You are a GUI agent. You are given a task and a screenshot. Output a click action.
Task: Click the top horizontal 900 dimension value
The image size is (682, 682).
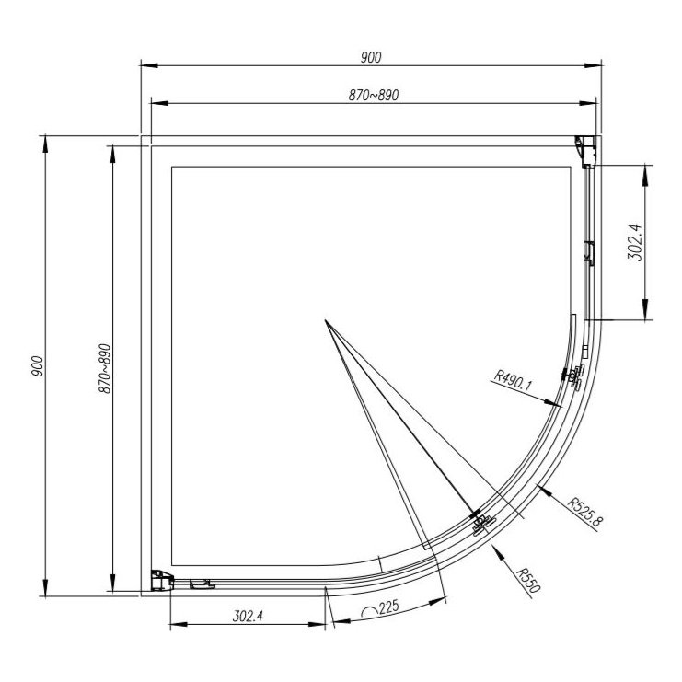(x=371, y=57)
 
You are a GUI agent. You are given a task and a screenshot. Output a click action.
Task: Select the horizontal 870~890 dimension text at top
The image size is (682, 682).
(x=372, y=94)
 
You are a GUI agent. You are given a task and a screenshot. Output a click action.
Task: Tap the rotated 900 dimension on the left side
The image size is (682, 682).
(x=37, y=366)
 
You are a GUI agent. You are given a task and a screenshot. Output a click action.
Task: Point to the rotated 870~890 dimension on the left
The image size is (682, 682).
(x=104, y=369)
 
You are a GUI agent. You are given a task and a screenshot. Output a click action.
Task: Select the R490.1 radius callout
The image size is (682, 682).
(x=514, y=376)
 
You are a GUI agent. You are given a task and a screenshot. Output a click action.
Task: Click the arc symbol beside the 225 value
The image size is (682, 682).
(x=371, y=609)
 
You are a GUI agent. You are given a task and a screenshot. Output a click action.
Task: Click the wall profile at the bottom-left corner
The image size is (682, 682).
(x=162, y=579)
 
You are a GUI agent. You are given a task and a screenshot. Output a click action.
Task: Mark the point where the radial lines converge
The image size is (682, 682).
(x=325, y=320)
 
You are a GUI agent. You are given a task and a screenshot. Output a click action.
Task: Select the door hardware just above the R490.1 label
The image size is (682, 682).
(x=574, y=376)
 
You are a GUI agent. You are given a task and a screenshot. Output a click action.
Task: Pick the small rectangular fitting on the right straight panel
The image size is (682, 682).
(x=590, y=252)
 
